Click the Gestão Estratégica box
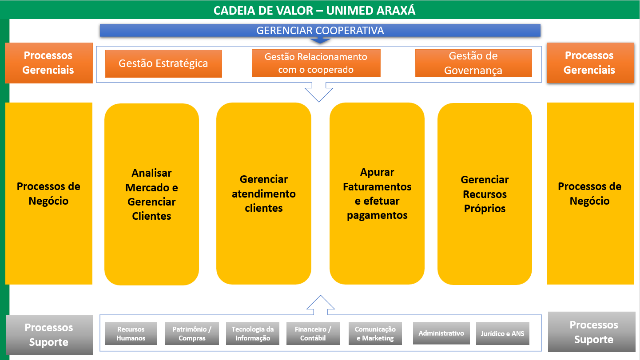pyautogui.click(x=163, y=63)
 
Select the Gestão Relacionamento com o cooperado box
pyautogui.click(x=316, y=63)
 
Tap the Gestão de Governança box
pyautogui.click(x=473, y=63)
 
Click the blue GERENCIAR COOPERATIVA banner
pyautogui.click(x=320, y=31)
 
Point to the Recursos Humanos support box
pyautogui.click(x=131, y=333)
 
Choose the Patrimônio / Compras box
pyautogui.click(x=192, y=333)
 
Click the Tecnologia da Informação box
pyautogui.click(x=253, y=333)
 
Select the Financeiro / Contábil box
pyautogui.click(x=313, y=333)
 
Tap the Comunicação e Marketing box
pyautogui.click(x=375, y=333)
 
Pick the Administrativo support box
pyautogui.click(x=441, y=333)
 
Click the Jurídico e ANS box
pyautogui.click(x=503, y=333)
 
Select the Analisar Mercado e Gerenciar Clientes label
pyautogui.click(x=151, y=194)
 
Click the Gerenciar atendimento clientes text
pyautogui.click(x=264, y=194)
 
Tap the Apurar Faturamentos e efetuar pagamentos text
pyautogui.click(x=377, y=194)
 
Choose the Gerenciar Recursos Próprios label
pyautogui.click(x=485, y=194)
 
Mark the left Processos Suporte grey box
pyautogui.click(x=49, y=335)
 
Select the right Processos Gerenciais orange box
pyautogui.click(x=591, y=63)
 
